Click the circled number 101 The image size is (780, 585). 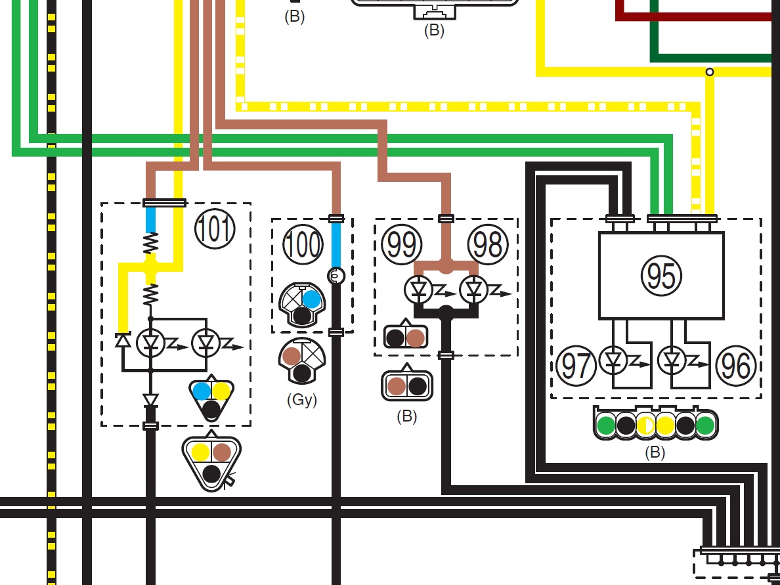(x=215, y=229)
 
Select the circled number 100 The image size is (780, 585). (x=303, y=244)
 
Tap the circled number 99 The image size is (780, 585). (x=401, y=244)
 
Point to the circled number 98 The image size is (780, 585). (x=488, y=244)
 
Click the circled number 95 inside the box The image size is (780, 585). (x=662, y=276)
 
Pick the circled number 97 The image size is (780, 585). (x=576, y=366)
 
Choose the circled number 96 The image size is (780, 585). (x=736, y=366)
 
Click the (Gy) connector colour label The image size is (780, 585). (x=302, y=400)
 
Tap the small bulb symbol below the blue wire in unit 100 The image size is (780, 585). (x=336, y=275)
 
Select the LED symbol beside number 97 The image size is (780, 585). (x=613, y=360)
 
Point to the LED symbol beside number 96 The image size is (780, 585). (x=672, y=360)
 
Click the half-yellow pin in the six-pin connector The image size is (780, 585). (x=645, y=425)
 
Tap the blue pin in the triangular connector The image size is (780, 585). (x=202, y=391)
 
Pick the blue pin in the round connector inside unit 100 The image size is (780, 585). (x=311, y=299)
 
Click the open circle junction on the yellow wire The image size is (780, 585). (x=710, y=72)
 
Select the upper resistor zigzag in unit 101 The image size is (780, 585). (x=151, y=244)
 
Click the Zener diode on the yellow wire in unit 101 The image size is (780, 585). (x=122, y=339)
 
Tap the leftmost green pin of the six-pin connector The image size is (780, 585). (x=606, y=425)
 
